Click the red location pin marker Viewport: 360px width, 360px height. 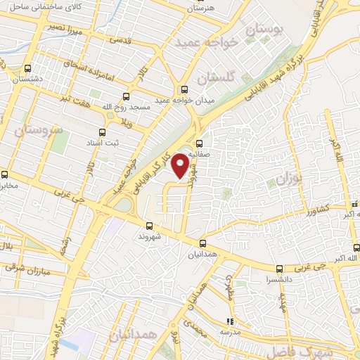(181, 165)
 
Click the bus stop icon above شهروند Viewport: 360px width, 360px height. (148, 226)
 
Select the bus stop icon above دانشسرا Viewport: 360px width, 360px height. (279, 269)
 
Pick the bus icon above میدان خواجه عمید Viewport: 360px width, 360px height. (184, 89)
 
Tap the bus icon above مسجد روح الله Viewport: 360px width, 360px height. (127, 96)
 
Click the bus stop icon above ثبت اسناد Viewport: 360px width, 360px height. (103, 131)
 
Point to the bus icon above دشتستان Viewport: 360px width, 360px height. (27, 69)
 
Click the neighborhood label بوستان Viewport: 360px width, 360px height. (265, 30)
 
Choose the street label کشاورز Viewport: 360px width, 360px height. (313, 210)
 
